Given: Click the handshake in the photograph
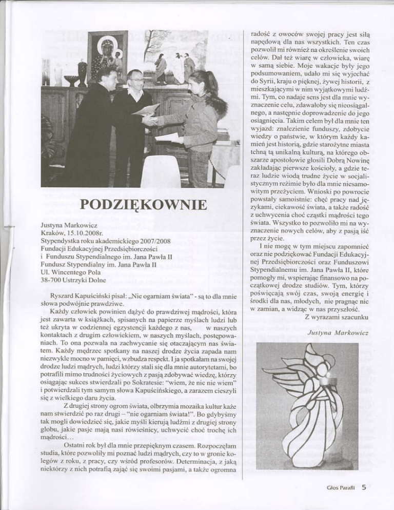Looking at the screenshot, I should (150, 120).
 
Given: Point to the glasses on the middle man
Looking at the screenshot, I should (136, 80).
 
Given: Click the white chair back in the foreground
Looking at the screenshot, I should (160, 172).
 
